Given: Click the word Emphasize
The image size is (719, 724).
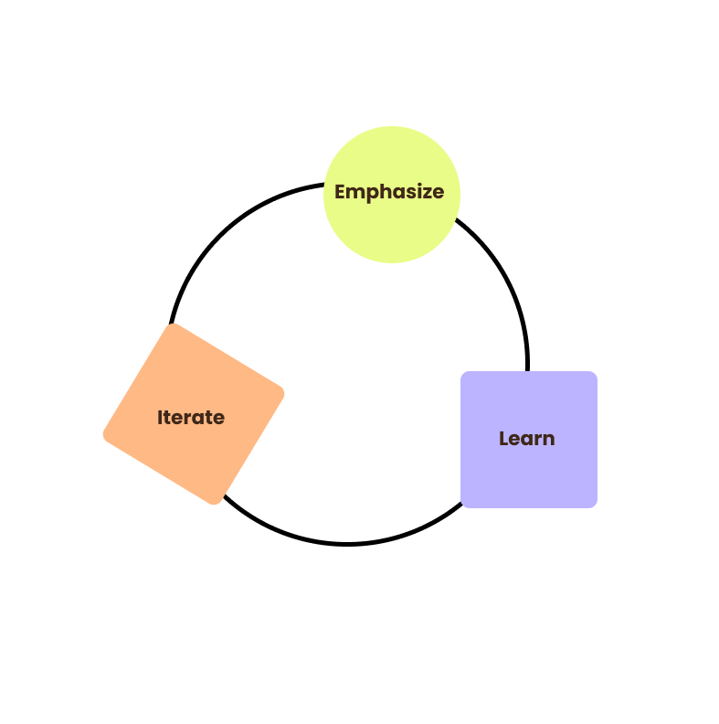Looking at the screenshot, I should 389,193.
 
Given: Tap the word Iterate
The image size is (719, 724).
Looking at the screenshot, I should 190,418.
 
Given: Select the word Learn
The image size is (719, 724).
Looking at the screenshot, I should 526,439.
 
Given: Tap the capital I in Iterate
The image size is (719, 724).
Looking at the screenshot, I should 160,418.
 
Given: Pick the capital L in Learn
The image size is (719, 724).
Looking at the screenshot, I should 503,439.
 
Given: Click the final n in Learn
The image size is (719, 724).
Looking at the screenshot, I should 549,440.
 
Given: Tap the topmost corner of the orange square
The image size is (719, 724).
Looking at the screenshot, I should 173,325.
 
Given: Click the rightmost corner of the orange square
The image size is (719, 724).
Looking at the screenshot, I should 283,393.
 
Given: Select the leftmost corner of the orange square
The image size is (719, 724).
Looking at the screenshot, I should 104,434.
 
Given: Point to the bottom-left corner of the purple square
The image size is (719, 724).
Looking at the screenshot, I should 463,505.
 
